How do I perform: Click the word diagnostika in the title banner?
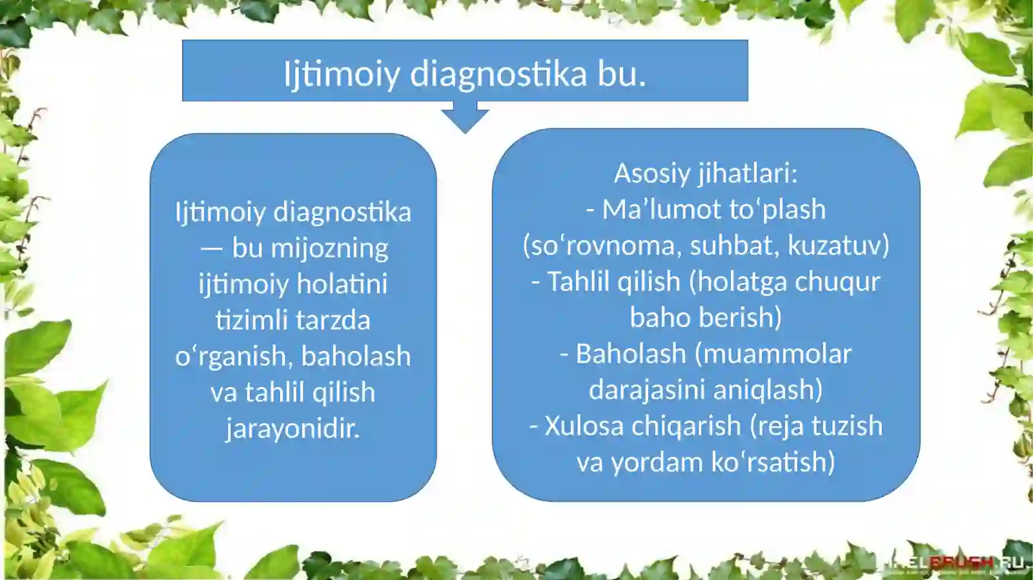tap(498, 74)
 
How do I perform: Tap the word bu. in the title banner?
tap(622, 74)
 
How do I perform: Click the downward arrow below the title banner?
tap(465, 120)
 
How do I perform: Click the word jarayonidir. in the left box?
tap(292, 428)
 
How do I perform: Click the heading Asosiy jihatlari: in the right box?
tap(706, 174)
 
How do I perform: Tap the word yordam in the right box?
tap(657, 463)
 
